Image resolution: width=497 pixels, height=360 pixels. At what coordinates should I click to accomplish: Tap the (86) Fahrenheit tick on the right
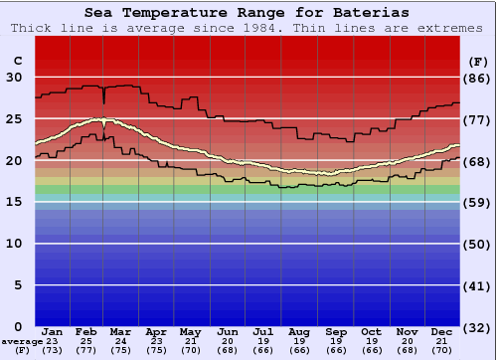(477, 78)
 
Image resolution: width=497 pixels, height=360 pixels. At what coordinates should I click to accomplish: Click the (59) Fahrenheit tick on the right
(477, 202)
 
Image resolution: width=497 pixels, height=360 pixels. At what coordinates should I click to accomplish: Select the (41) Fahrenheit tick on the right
(477, 284)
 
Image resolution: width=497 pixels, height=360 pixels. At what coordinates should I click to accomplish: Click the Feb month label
(87, 331)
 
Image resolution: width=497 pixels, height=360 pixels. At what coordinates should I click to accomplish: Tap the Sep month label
(336, 331)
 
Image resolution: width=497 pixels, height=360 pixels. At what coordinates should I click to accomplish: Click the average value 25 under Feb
(87, 341)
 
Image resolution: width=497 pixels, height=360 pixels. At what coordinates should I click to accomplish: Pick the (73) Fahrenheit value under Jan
(53, 350)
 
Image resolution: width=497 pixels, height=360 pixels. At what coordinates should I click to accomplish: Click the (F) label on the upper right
(477, 61)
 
